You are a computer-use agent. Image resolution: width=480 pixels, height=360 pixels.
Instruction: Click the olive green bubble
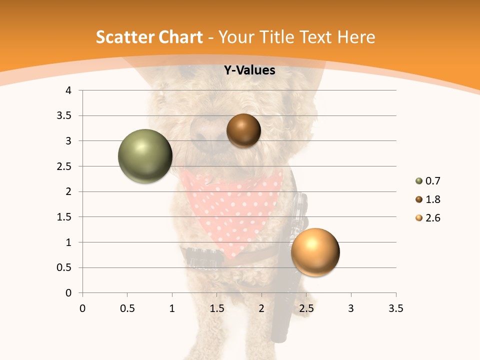145,156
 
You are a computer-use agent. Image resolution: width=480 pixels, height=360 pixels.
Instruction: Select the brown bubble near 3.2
243,131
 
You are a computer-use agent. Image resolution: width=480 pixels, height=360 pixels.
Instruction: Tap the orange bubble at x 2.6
315,252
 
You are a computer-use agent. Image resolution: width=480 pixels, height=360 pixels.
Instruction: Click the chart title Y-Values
249,70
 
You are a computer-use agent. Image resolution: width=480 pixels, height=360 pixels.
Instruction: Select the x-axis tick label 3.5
395,308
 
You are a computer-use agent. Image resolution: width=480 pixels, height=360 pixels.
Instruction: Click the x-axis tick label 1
172,308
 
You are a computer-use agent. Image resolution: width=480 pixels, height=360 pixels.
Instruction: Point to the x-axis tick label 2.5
306,308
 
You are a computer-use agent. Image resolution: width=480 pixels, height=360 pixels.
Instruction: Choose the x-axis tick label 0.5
127,308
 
